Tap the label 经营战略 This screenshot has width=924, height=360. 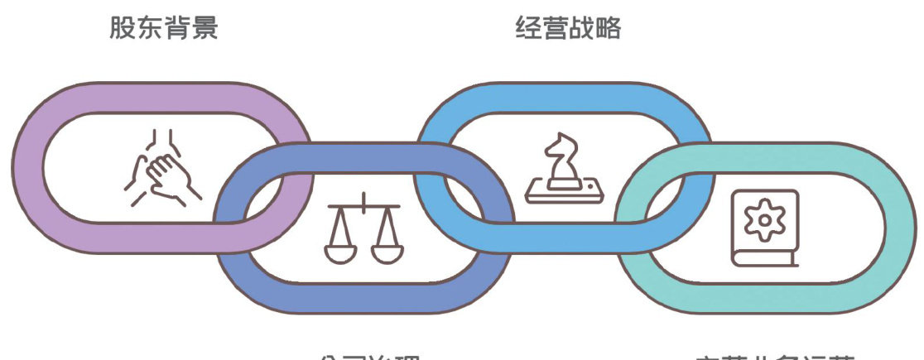pos(568,29)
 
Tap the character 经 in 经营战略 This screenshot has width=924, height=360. pos(527,29)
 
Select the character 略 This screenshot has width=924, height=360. pos(609,29)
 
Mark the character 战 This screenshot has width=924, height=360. pos(581,29)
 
